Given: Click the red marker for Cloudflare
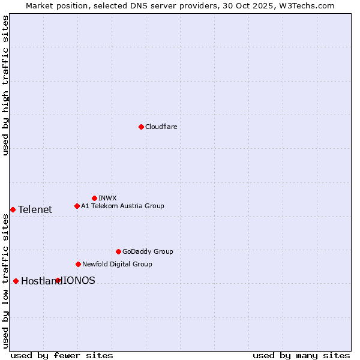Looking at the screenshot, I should point(141,127).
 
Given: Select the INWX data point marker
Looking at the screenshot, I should point(94,198).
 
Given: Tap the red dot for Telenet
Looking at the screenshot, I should point(13,209).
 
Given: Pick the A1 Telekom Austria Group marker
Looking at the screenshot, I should point(77,206).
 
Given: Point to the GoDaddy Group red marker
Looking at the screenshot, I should point(118,251).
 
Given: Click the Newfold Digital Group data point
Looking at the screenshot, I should point(78,264).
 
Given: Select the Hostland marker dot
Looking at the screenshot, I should point(16,281).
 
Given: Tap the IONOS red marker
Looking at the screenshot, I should point(58,280).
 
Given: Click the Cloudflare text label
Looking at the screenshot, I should point(161,127).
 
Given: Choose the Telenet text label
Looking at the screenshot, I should point(35,209).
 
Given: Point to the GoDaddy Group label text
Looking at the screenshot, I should point(147,251).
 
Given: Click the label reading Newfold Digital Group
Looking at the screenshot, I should point(117,264).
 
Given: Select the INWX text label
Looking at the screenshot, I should point(107,198).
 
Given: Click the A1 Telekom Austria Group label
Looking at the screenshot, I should point(122,206).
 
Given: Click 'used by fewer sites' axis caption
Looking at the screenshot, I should point(62,355).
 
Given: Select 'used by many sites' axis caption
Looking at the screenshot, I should point(301,355).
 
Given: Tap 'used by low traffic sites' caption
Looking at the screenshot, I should point(5,281).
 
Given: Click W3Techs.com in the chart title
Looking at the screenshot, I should point(309,5).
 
